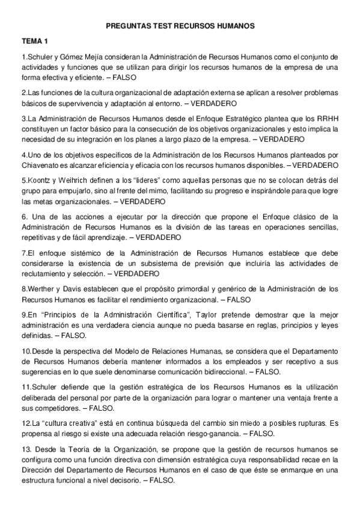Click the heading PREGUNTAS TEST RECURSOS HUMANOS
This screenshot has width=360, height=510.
[180, 26]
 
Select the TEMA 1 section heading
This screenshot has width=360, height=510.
[34, 42]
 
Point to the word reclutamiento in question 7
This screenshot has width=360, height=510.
[43, 272]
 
